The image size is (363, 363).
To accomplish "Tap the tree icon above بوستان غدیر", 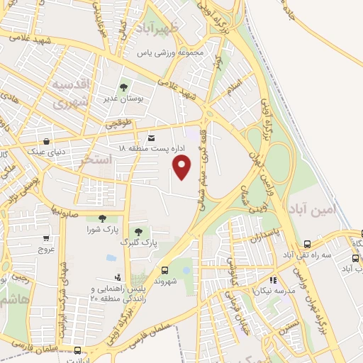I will point(123,88).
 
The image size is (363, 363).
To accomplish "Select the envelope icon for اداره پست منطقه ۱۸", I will point(151,138).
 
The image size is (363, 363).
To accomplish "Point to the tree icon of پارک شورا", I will point(102,218).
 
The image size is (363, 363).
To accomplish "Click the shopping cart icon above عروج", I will point(46,238).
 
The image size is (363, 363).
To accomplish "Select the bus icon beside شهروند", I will point(164,270).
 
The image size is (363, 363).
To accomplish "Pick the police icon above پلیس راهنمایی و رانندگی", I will point(118,277).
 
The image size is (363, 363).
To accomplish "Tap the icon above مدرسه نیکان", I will point(273,280).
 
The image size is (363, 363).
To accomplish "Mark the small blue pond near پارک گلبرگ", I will point(111,258).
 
